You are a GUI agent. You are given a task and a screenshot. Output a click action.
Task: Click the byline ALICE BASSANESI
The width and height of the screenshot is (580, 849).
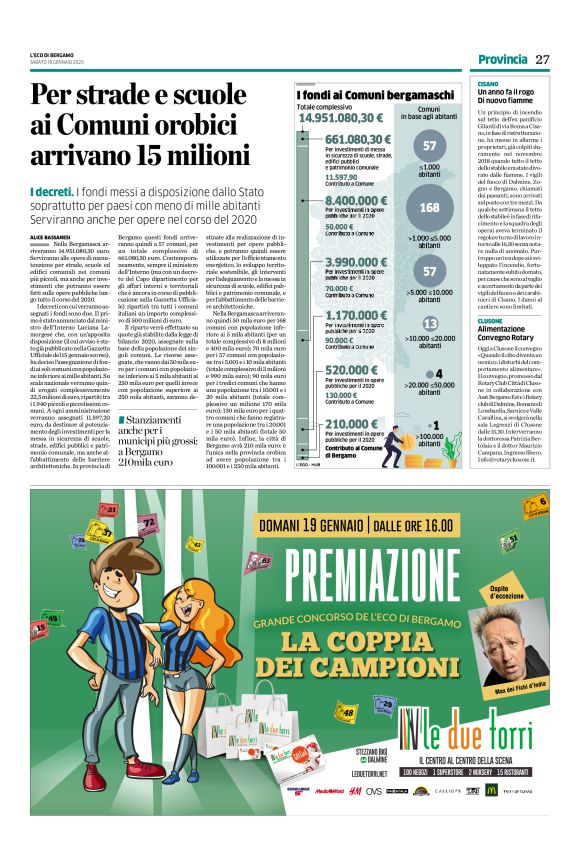pos(51,235)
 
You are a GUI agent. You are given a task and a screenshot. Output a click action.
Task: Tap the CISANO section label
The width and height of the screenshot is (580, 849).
pos(488,85)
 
